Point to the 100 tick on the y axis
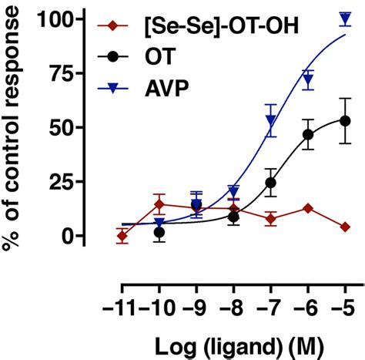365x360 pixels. click(66, 19)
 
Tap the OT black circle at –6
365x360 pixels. click(308, 134)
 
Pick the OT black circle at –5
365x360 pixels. click(345, 120)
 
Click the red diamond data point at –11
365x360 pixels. click(122, 237)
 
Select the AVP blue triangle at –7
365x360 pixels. click(271, 119)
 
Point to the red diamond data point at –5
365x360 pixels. click(345, 227)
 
